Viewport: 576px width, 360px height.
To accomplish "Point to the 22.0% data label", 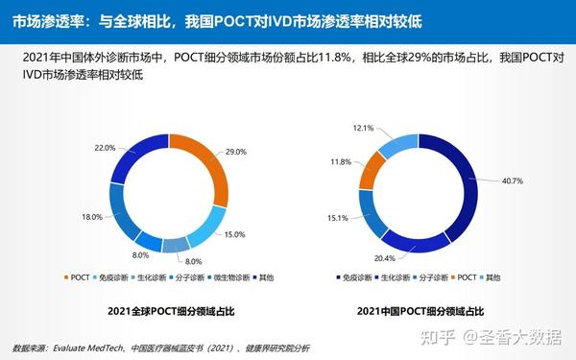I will click(104, 148).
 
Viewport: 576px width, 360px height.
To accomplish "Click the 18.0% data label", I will click(92, 217).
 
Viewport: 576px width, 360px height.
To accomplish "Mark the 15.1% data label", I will click(337, 217).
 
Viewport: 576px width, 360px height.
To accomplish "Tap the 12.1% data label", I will click(364, 128).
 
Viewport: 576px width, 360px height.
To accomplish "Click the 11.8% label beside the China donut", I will click(341, 162).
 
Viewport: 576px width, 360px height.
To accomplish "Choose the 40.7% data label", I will click(512, 181).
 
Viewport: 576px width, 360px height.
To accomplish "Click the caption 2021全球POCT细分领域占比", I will click(166, 312).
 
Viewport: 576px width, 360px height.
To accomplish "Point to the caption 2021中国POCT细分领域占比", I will click(420, 312).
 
